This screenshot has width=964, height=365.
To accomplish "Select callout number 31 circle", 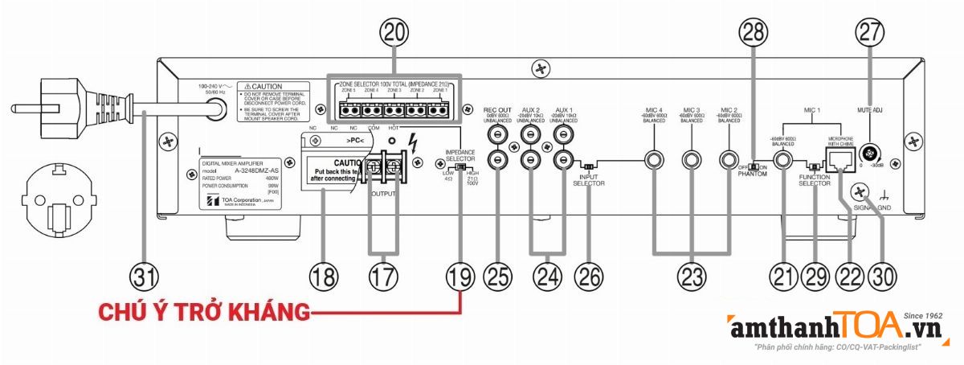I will coord(145,276).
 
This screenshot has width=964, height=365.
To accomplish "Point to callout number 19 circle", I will coord(461,276).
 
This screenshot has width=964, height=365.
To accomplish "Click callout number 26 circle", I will coord(589,276).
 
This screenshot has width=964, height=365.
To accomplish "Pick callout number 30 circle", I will coord(881,276).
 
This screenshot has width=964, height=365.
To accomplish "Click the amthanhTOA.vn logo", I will coord(835,327).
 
